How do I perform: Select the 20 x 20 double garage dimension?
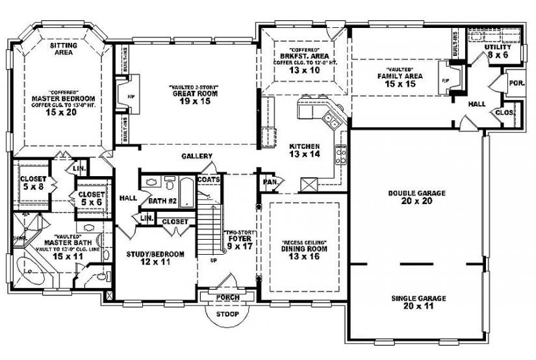(x=416, y=201)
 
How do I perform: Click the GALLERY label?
(x=197, y=156)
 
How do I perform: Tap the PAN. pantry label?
(x=270, y=183)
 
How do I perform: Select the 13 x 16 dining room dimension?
(x=303, y=257)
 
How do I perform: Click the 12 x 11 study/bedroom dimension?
(x=156, y=262)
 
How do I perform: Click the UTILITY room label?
(x=498, y=47)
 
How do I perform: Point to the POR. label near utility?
(x=517, y=84)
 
